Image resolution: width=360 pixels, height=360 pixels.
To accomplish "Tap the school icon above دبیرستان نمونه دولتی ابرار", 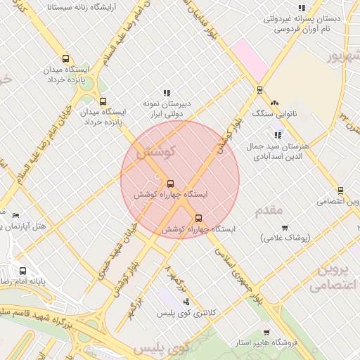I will pos(167,92).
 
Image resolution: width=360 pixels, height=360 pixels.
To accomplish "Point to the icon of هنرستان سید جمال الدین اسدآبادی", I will pos(278,134).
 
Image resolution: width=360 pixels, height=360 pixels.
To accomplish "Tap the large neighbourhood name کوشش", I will pos(155,152).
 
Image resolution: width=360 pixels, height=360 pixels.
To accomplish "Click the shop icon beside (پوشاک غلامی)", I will pos(285,227).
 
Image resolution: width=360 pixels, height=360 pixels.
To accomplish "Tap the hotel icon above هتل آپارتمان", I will pos(16,215).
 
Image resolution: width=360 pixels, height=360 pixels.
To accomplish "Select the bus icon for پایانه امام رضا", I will pos(23,271).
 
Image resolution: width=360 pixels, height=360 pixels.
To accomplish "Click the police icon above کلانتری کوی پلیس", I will pos(186,301).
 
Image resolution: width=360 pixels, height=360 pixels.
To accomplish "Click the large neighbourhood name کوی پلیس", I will pos(162,349).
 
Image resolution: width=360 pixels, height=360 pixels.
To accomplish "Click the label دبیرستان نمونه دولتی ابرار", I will pos(167,107).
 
